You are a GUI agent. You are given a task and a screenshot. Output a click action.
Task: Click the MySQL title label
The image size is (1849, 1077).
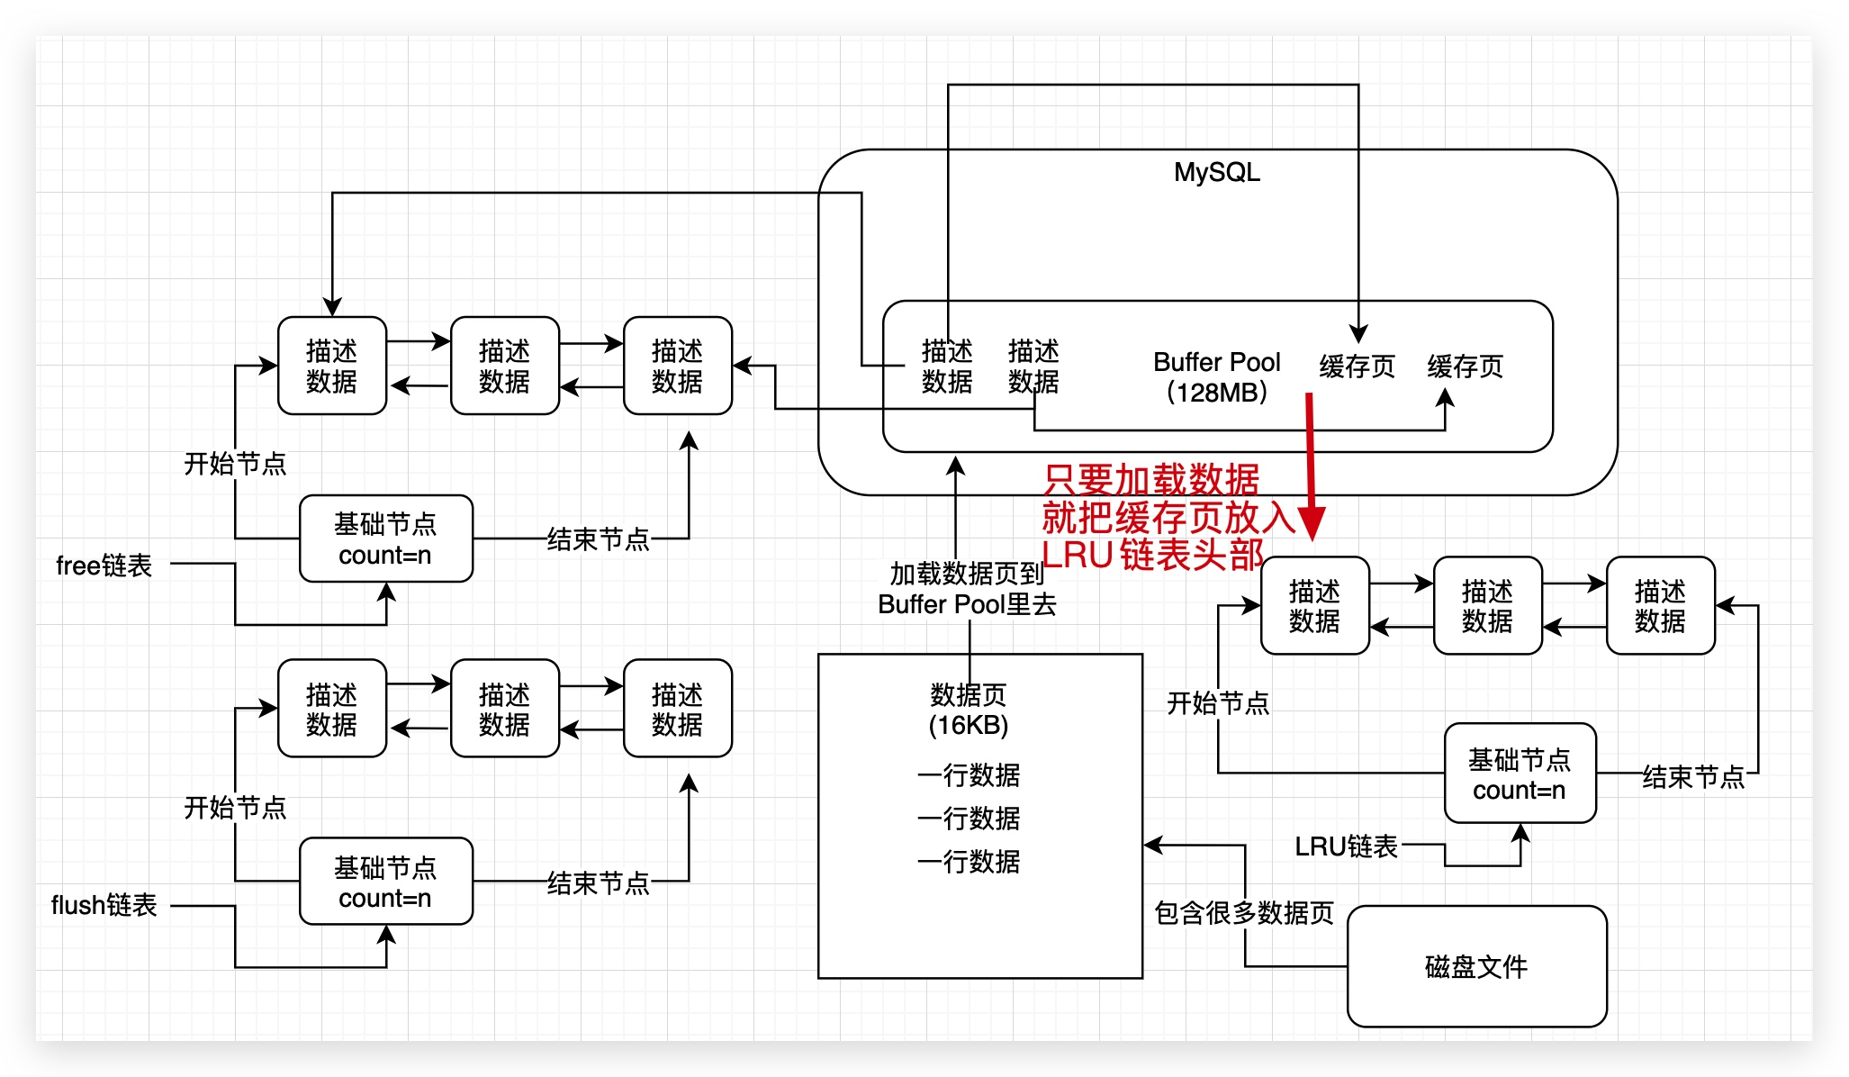coord(1216,172)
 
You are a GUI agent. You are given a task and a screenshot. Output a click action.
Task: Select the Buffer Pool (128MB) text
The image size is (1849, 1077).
coord(1216,376)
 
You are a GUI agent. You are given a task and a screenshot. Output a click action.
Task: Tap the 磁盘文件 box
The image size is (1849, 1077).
coord(1476,966)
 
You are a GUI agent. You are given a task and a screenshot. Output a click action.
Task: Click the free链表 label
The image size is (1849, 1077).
coord(104,566)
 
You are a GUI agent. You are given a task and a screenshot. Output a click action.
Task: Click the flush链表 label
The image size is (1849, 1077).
coord(104,905)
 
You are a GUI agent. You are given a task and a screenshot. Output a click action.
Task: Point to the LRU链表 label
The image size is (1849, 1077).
coord(1346,846)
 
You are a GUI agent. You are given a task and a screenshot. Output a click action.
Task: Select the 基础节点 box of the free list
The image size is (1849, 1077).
coord(385,538)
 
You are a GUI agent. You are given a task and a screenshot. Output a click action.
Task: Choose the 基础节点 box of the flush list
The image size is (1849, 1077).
coord(385,882)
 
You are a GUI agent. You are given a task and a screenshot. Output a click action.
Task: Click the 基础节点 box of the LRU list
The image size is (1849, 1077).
coord(1520,774)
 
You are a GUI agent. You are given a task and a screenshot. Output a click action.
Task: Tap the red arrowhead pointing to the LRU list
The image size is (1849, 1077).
coord(1312,523)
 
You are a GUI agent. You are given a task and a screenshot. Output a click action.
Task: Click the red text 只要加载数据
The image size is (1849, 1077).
coord(1151,479)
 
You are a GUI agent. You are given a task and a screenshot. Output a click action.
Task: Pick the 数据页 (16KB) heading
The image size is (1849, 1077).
coord(969,710)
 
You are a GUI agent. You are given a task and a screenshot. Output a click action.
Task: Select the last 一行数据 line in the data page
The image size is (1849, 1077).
coord(969,862)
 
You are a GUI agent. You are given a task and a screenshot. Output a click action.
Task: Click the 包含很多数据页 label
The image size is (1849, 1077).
coord(1244,913)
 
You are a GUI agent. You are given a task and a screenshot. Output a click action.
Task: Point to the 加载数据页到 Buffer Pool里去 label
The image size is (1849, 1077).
coord(967,589)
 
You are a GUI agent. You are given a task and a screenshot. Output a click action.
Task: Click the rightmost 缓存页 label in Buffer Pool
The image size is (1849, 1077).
coord(1465,367)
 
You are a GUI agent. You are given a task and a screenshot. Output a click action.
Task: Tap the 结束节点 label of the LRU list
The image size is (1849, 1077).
coord(1693,776)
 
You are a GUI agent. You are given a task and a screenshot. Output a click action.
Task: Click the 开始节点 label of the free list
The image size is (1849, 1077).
coord(235,464)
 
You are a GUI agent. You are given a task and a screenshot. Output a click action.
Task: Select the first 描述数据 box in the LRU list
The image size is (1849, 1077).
coord(1314,605)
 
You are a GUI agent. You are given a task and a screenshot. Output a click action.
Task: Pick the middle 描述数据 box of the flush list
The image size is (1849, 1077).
coord(504,709)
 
